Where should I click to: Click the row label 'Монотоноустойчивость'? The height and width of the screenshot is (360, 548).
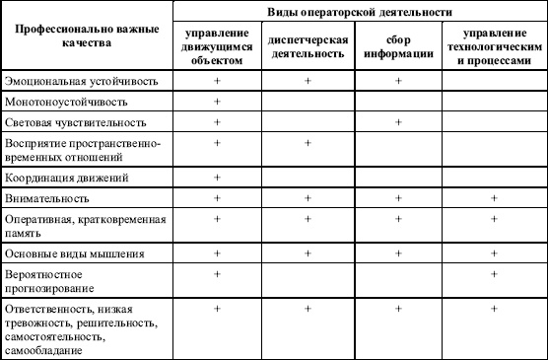point(60,101)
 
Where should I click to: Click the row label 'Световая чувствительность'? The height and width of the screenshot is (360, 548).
point(75,122)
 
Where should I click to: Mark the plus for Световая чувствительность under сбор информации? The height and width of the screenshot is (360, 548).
point(398,121)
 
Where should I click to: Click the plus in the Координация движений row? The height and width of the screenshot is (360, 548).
point(217,177)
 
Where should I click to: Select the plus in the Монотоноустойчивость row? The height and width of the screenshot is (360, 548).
point(217,100)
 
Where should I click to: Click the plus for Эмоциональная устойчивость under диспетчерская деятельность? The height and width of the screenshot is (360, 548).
point(308,78)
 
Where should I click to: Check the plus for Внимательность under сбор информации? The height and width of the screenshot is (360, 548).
point(398,198)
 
